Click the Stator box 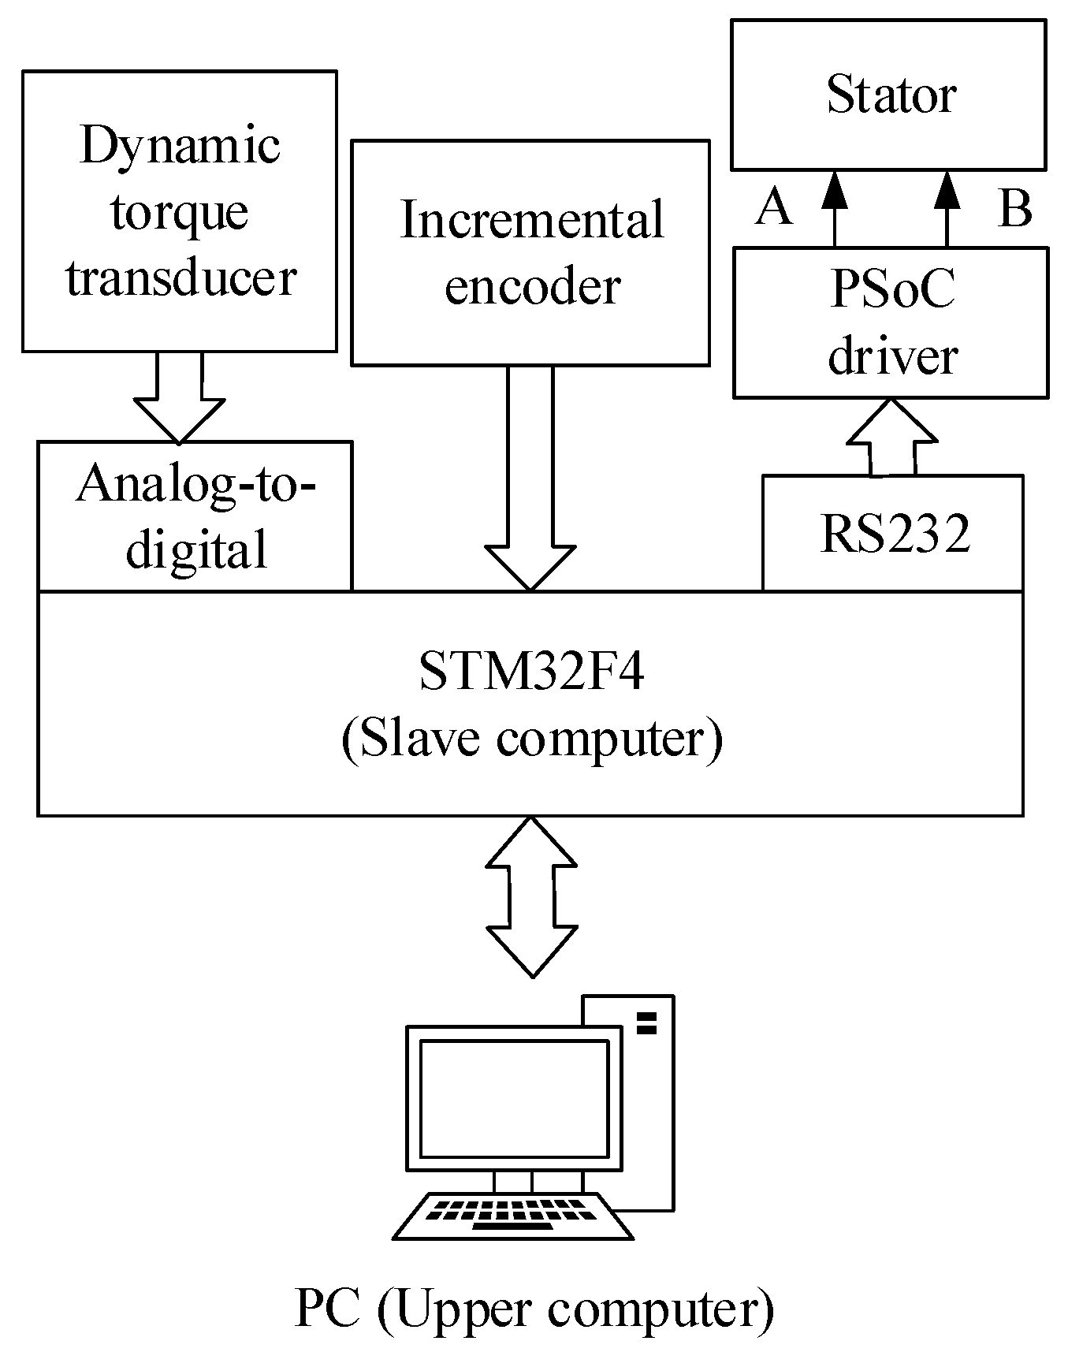click(x=888, y=95)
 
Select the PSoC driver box click(x=891, y=322)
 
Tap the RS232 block click(x=893, y=534)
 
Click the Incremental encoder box click(x=530, y=252)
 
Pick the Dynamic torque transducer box click(x=180, y=211)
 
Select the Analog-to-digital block click(x=195, y=516)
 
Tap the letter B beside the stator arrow click(x=1014, y=209)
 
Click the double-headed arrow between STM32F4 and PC click(x=532, y=896)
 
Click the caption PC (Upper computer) click(x=534, y=1309)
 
